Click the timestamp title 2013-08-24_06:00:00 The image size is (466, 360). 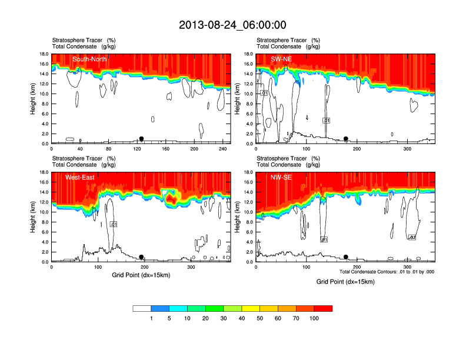pos(232,25)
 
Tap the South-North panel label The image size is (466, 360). pos(89,59)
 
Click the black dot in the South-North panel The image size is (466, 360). pos(141,139)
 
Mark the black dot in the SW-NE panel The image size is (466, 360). pos(346,139)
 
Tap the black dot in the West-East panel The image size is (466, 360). pos(141,257)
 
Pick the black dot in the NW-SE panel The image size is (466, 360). pos(346,257)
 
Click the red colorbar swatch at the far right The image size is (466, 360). pos(323,308)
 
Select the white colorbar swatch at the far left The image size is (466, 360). pos(142,308)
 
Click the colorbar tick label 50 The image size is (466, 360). pos(260,318)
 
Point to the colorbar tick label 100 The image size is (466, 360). pos(314,318)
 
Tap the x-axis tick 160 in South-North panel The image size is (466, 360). pos(165,149)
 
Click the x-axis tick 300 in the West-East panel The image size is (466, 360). pos(191,267)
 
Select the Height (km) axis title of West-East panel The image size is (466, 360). pos(33,217)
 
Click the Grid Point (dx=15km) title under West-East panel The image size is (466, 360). pos(141,275)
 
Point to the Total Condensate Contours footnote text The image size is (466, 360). pos(387,272)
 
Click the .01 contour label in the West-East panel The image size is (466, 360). pos(114,224)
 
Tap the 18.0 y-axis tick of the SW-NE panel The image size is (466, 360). pos(248,54)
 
